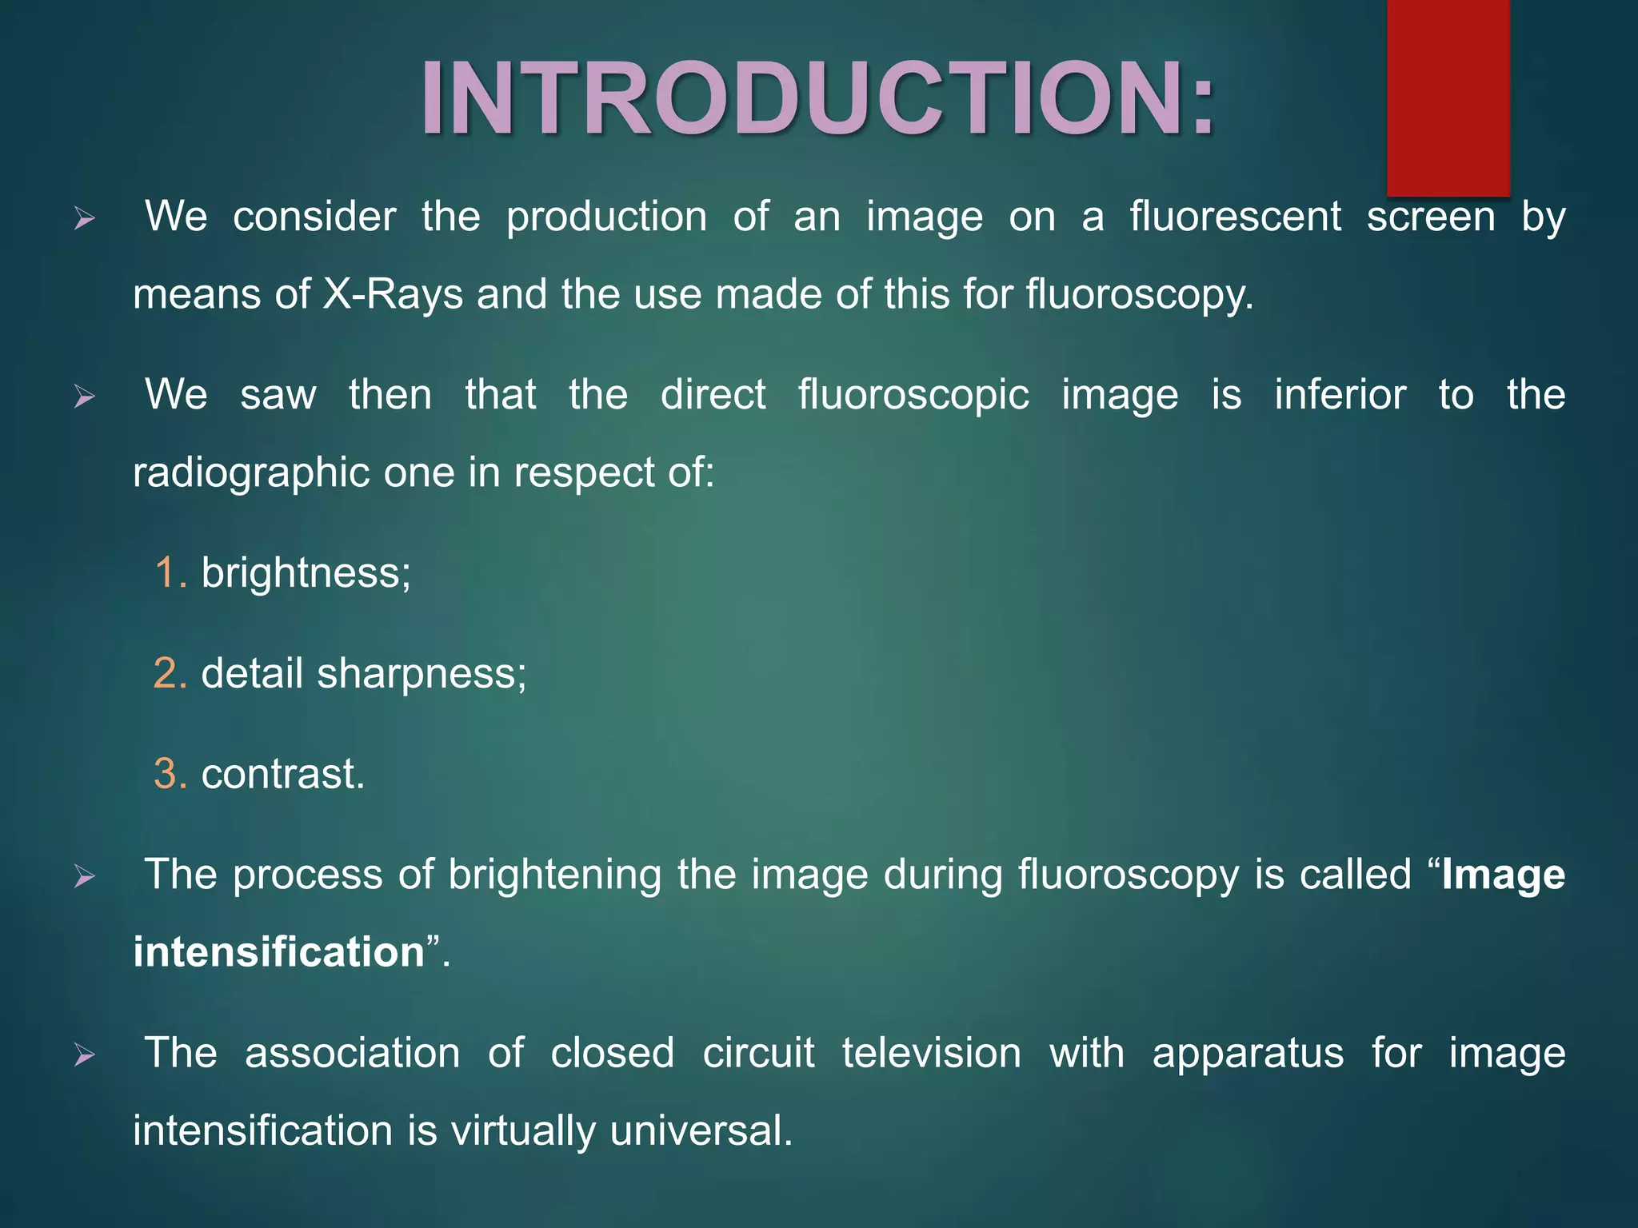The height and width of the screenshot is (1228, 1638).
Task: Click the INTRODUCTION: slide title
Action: click(x=817, y=99)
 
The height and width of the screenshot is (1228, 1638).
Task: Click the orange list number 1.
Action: click(x=170, y=573)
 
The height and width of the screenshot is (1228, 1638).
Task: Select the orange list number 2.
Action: click(x=170, y=673)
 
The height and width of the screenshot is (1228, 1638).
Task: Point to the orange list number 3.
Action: click(x=170, y=774)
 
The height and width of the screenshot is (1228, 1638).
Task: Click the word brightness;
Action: click(x=306, y=573)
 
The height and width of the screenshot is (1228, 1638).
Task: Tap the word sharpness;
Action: click(x=421, y=673)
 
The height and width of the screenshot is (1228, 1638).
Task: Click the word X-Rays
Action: click(x=393, y=294)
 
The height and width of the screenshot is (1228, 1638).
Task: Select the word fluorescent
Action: click(x=1235, y=217)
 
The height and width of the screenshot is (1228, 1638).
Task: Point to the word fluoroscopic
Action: click(x=913, y=395)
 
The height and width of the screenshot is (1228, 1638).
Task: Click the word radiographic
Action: click(x=251, y=472)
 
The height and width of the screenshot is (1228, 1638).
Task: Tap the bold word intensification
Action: click(x=279, y=952)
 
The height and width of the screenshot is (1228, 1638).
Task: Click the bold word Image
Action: click(x=1503, y=875)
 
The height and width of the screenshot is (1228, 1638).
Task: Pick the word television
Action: click(x=931, y=1053)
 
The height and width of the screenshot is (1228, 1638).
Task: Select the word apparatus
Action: click(x=1248, y=1053)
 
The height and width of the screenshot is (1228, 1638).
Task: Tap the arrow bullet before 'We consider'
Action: click(x=84, y=218)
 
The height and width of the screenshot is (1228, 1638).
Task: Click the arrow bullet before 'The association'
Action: click(x=84, y=1055)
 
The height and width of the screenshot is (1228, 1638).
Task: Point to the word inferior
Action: click(x=1340, y=395)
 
